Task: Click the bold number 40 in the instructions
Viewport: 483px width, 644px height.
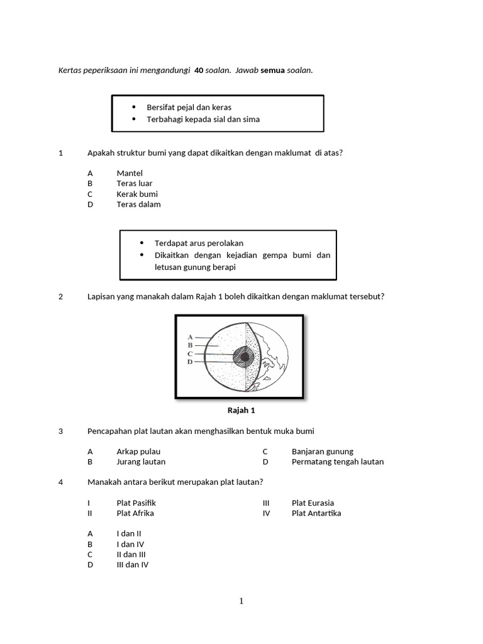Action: [199, 70]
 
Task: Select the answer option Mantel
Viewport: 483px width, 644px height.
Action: [130, 173]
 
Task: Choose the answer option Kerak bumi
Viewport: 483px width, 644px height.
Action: [137, 194]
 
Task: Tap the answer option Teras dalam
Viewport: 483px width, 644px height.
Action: [138, 204]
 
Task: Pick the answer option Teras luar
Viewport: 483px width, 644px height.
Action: [135, 183]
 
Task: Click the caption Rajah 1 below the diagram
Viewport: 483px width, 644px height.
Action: [241, 410]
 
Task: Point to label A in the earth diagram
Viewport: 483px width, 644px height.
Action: [190, 337]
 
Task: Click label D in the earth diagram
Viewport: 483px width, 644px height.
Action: [190, 362]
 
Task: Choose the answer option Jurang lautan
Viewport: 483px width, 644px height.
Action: [141, 461]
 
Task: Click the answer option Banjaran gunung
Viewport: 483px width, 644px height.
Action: [322, 451]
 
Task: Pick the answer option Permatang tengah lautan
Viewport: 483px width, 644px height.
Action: [337, 461]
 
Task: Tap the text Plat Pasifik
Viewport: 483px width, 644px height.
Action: [136, 502]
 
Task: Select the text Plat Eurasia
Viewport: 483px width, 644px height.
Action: [313, 502]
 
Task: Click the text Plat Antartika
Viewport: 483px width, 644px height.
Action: [316, 513]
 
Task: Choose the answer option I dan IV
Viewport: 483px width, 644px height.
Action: [130, 543]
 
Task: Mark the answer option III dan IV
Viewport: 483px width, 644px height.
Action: [133, 564]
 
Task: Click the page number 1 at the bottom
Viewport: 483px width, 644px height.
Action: [241, 601]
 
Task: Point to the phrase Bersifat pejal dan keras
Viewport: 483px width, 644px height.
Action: [189, 107]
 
